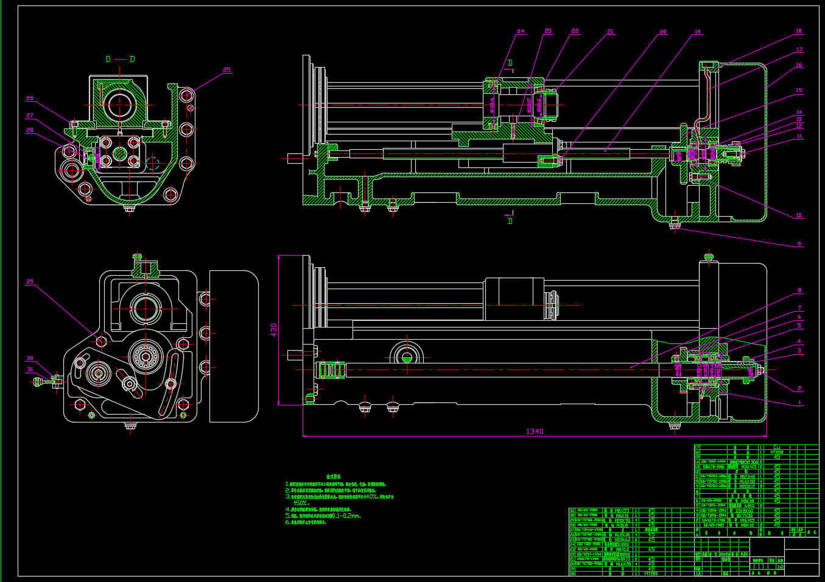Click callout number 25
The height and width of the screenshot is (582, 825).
click(227, 70)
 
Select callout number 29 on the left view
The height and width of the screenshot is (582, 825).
click(30, 282)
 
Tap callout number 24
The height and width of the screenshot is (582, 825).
click(521, 32)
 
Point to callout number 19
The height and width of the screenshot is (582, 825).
click(698, 32)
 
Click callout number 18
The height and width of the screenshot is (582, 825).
click(799, 31)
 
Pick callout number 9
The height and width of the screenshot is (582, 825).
click(799, 244)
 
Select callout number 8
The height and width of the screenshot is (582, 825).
click(800, 290)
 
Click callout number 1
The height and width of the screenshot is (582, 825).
click(800, 403)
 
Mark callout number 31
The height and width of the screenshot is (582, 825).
click(30, 370)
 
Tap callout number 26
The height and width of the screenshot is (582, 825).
click(30, 99)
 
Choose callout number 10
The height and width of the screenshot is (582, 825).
click(799, 216)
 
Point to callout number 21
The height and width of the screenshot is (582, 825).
click(610, 32)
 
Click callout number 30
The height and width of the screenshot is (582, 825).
click(30, 359)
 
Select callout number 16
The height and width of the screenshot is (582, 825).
click(799, 65)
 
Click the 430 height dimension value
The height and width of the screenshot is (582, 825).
click(274, 330)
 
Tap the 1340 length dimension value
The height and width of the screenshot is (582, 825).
click(535, 432)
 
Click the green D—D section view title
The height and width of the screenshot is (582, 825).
click(120, 60)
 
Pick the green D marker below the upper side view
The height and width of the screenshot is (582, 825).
click(510, 221)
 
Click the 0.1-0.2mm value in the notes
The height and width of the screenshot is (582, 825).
click(345, 516)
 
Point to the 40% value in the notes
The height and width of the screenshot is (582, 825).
click(372, 497)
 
